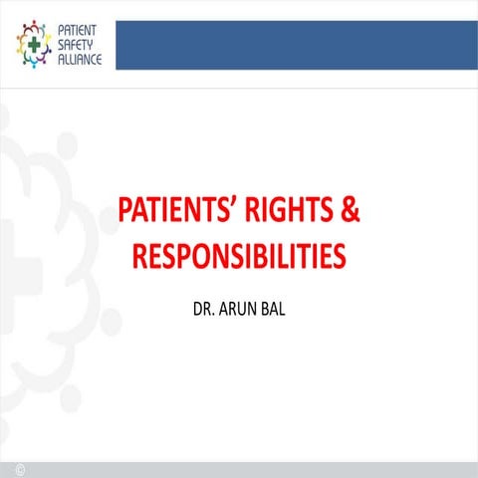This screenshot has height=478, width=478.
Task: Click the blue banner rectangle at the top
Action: click(296, 45)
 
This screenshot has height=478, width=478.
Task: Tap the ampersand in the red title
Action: click(350, 211)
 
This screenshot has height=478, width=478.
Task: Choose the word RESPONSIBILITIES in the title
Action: click(239, 256)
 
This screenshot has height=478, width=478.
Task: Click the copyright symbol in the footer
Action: click(20, 467)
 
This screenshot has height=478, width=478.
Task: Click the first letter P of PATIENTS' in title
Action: click(125, 211)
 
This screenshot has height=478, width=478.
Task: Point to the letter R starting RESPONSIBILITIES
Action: click(140, 256)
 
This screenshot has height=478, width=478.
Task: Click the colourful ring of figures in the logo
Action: click(33, 28)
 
